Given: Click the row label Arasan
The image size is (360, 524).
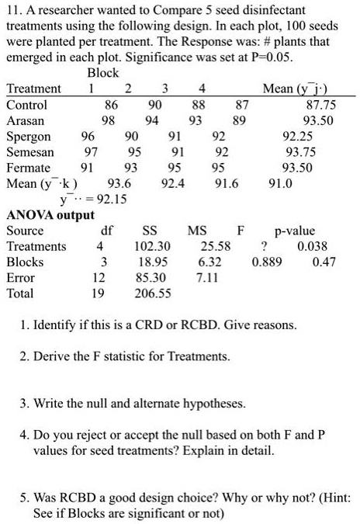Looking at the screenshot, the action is [25, 121].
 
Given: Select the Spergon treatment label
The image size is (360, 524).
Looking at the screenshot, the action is [28, 137].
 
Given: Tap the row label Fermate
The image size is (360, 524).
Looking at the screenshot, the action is [28, 168].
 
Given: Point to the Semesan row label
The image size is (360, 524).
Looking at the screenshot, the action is [30, 153].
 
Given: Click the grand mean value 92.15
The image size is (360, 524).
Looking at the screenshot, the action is [111, 200].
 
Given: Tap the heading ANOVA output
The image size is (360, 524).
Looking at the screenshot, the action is [50, 215].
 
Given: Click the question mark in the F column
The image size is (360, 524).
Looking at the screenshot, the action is [266, 247].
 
